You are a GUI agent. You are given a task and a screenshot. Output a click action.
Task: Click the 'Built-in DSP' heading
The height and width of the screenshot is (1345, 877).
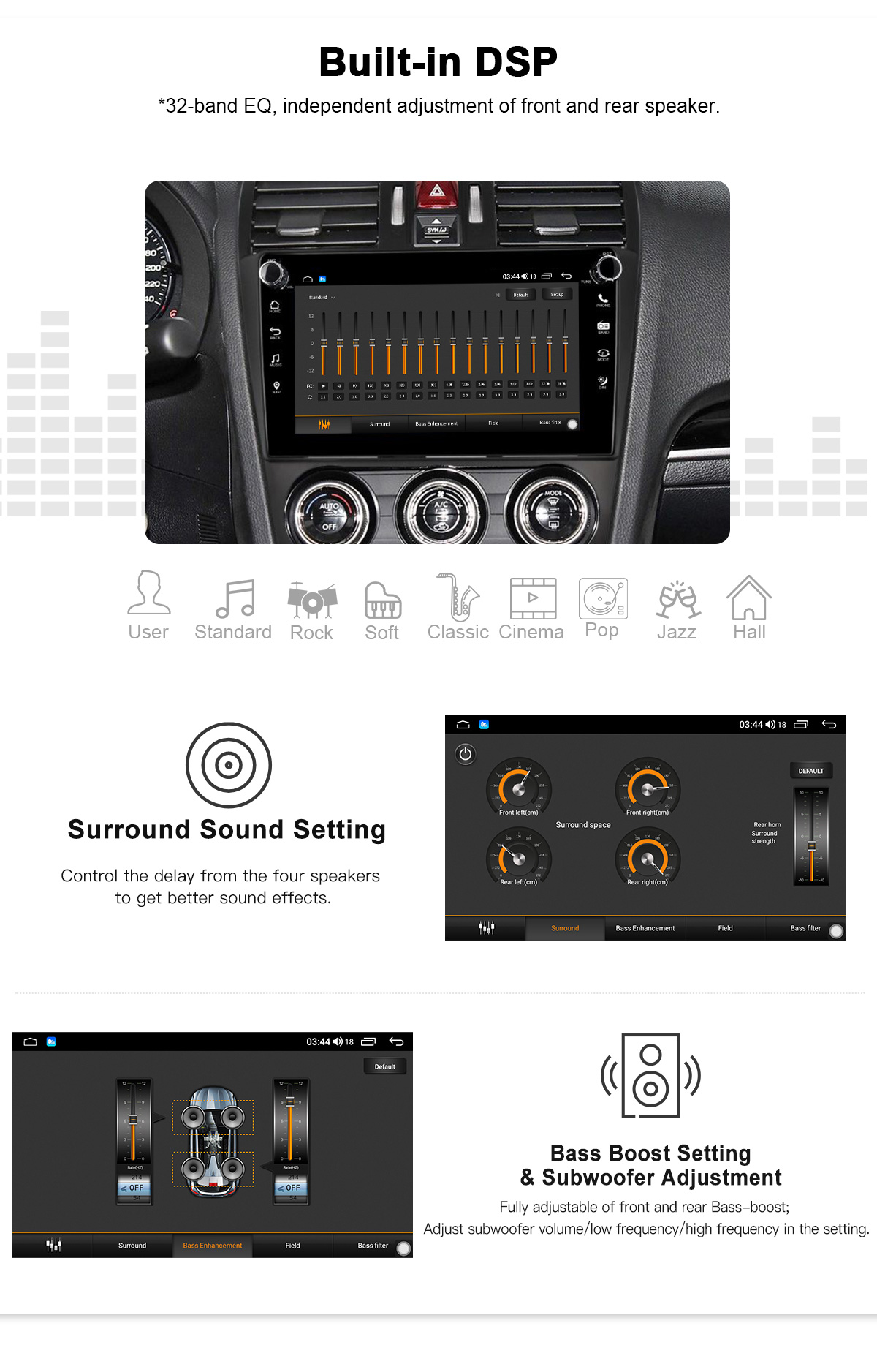438,62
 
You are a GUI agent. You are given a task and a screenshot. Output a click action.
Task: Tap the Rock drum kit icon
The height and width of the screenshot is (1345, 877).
312,599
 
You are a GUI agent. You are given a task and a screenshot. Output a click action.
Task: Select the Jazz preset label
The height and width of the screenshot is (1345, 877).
676,632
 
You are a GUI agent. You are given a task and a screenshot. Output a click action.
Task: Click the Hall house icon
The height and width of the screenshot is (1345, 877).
749,598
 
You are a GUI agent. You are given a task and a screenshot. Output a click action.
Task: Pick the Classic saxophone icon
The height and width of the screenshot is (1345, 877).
458,597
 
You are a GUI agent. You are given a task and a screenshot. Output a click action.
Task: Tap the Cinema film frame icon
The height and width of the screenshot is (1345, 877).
533,598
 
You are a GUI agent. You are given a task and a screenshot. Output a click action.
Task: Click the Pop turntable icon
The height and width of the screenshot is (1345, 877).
603,598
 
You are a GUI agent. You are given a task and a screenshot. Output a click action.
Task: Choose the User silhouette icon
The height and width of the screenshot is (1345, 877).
148,593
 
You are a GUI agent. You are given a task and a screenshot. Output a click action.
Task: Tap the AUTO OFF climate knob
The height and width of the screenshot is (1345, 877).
330,515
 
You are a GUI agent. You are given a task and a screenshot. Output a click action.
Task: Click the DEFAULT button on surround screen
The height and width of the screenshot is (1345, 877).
810,771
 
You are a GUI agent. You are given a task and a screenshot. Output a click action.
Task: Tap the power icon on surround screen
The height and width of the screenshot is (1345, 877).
466,754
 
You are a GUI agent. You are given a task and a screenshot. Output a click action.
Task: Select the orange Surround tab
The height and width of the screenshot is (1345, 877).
565,928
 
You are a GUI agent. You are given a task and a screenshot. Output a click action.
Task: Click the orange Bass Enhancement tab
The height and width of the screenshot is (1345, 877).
213,1246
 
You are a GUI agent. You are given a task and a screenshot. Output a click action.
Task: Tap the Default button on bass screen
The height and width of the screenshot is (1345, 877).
384,1066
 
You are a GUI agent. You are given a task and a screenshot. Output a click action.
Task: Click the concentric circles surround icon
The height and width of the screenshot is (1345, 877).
229,765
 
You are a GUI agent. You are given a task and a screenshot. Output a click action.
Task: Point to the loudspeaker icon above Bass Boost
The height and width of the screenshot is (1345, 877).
650,1075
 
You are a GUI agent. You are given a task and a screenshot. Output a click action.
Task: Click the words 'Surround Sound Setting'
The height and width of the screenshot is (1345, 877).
227,830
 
